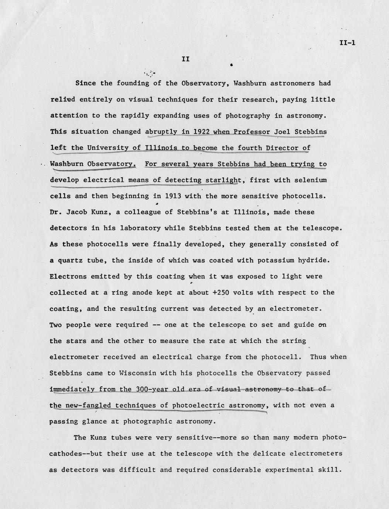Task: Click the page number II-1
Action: (x=347, y=43)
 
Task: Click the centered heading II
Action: (x=185, y=59)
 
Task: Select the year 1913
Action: (x=173, y=196)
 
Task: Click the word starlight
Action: (x=223, y=180)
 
